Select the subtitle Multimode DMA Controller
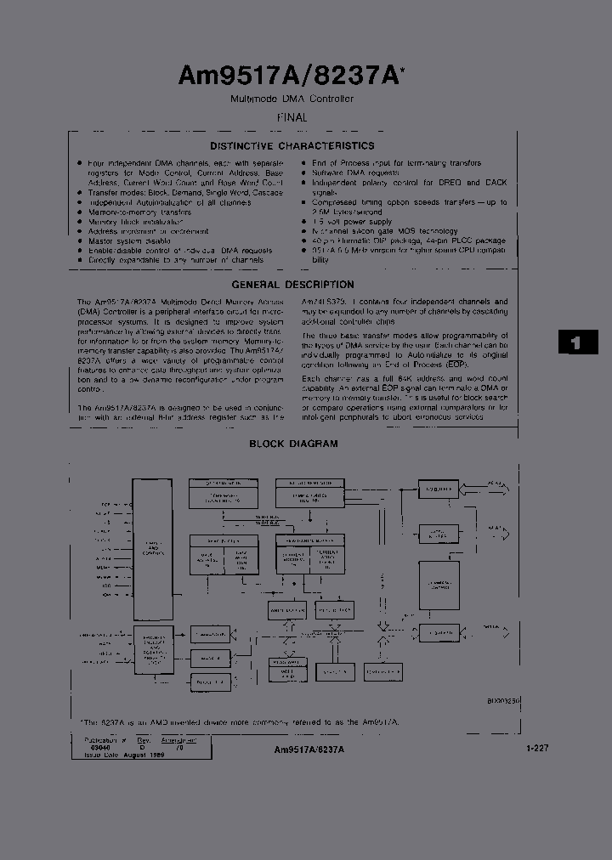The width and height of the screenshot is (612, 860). tap(292, 99)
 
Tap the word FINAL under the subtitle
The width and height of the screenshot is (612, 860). tap(292, 118)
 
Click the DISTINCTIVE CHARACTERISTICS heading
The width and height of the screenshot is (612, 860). tap(292, 146)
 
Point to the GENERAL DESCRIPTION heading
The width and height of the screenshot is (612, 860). tap(292, 285)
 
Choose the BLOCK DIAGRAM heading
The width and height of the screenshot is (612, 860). tap(293, 444)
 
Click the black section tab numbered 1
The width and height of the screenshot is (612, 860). tap(578, 342)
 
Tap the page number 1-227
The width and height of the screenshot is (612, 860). tap(536, 749)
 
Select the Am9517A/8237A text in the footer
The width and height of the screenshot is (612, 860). tap(309, 750)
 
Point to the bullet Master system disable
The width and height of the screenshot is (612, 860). tap(129, 241)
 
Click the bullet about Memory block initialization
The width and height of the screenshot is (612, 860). tap(136, 222)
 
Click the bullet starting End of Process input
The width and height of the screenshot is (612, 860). tap(396, 163)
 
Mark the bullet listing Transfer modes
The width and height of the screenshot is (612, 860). tap(185, 192)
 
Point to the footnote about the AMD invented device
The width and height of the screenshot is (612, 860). tap(241, 721)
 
